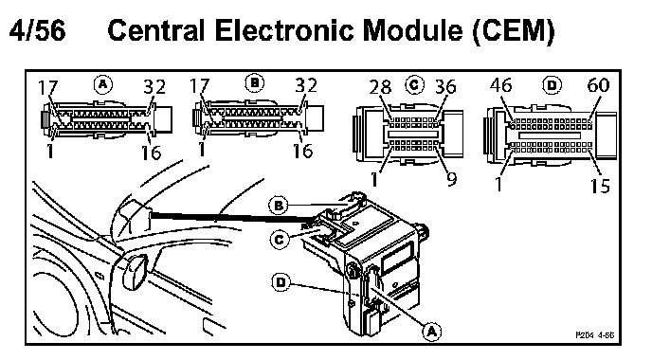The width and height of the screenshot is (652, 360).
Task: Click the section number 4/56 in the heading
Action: (37, 30)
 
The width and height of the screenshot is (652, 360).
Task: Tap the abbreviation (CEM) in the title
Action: (513, 30)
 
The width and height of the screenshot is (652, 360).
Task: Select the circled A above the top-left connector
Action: (102, 84)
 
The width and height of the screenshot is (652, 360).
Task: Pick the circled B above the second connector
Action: (255, 83)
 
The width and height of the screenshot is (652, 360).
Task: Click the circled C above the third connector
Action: (414, 85)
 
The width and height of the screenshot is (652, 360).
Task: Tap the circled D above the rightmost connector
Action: (552, 85)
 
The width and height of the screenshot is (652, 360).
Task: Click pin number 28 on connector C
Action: (380, 87)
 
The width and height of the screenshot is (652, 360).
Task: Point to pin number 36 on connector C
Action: (445, 86)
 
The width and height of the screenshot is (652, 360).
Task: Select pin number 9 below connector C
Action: (452, 179)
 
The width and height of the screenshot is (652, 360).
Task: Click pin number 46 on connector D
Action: (500, 85)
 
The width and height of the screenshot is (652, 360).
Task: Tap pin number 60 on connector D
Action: (598, 85)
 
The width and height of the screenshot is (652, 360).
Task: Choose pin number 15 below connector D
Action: (600, 186)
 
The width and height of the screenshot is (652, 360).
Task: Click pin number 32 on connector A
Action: (154, 86)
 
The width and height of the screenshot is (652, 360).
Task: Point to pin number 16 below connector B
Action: (302, 151)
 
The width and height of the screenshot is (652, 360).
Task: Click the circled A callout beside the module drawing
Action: (432, 332)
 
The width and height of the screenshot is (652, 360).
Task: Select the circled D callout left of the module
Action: (281, 282)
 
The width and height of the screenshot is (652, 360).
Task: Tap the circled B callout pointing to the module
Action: (279, 206)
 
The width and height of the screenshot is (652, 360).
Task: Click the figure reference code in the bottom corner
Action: (594, 334)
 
